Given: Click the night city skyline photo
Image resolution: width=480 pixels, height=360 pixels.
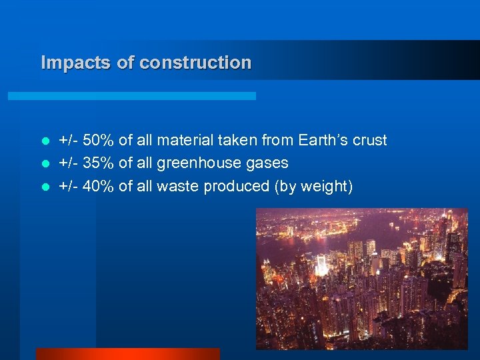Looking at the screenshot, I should click(362, 278).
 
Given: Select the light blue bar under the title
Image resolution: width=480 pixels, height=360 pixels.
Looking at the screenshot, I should click(132, 96).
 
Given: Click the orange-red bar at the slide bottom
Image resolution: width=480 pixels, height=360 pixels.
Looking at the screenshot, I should click(127, 354).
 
